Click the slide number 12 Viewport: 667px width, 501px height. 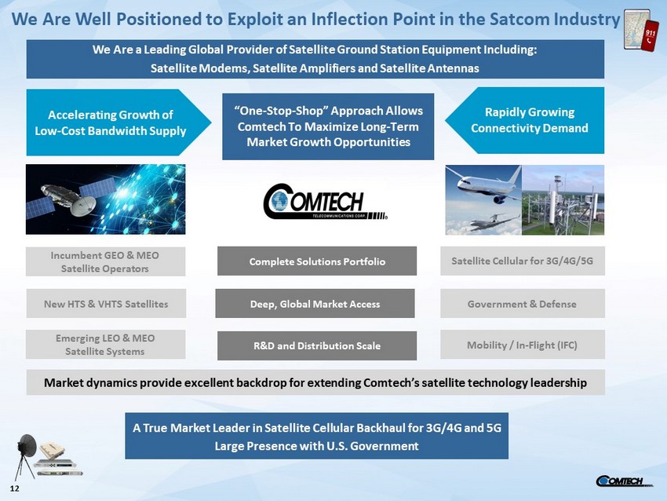click(x=14, y=488)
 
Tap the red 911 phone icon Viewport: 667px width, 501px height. click(x=650, y=36)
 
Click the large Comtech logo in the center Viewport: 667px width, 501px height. click(x=326, y=201)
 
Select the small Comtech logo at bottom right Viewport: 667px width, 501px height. click(x=623, y=481)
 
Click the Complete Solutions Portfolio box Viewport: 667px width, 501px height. click(x=317, y=261)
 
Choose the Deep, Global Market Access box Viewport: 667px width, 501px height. click(x=315, y=303)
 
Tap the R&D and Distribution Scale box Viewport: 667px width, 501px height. click(x=317, y=346)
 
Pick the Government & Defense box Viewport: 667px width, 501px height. click(x=523, y=303)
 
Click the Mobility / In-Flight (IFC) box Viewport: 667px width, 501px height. click(x=523, y=345)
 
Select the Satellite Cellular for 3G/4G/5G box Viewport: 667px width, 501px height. click(x=523, y=261)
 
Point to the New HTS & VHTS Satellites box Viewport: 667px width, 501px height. click(x=106, y=303)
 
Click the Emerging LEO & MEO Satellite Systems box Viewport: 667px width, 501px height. click(x=105, y=345)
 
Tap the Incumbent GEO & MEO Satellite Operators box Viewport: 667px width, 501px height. click(x=105, y=261)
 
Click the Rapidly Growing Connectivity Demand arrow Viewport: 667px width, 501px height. click(x=524, y=120)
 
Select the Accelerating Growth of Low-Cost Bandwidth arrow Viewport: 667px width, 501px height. click(x=118, y=123)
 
